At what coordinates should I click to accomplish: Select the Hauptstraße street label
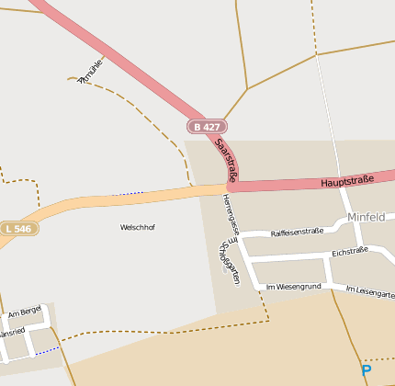347,181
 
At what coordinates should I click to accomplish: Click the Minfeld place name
366,217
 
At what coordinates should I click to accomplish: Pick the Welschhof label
138,227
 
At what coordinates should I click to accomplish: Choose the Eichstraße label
350,250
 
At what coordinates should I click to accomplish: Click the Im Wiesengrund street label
293,287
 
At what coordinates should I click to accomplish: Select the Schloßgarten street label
229,263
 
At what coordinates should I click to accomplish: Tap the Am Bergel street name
25,313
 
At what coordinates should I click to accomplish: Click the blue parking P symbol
367,370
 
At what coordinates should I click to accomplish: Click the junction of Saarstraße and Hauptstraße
227,187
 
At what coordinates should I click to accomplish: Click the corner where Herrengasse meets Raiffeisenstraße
240,237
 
